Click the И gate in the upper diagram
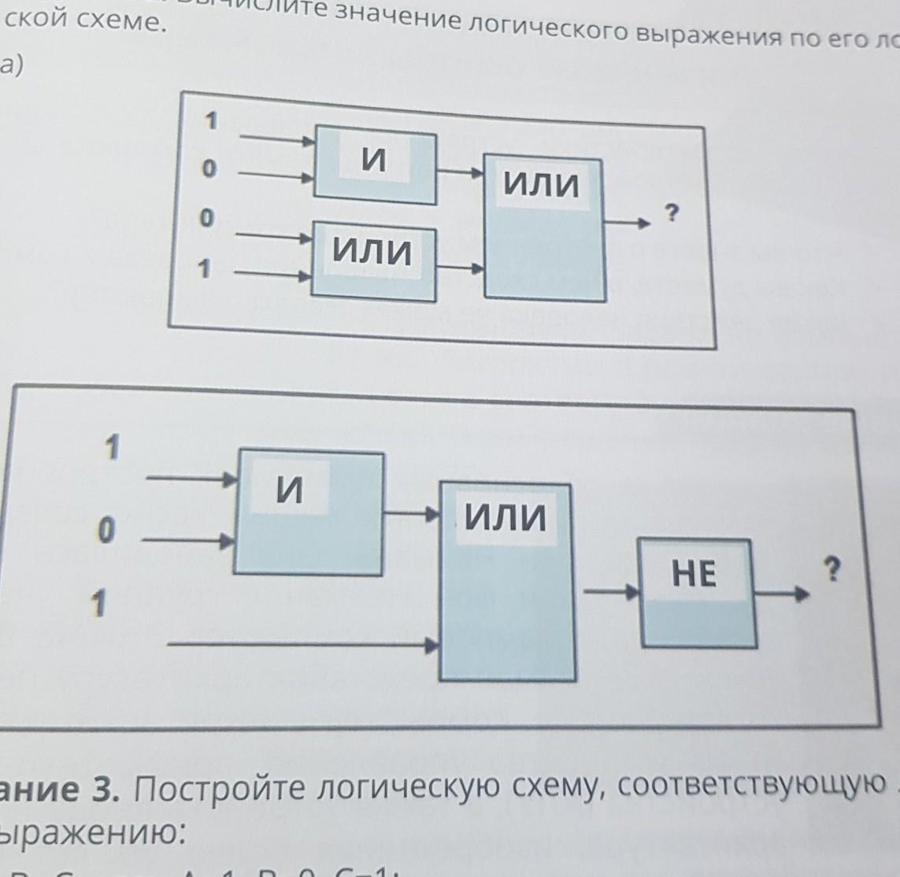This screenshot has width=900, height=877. point(375,165)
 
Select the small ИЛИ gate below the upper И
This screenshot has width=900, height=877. point(374,261)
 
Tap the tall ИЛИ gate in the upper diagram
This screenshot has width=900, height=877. point(543,227)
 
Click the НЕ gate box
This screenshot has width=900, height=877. point(695,591)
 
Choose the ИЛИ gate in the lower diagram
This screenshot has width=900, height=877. point(506,580)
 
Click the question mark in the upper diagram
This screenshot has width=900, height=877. point(671,212)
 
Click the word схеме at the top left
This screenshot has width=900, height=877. point(120,21)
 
